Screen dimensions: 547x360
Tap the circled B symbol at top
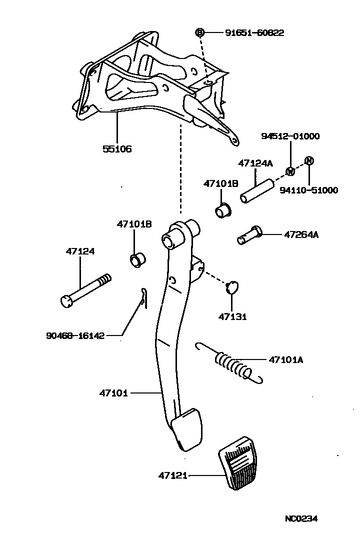click(x=199, y=32)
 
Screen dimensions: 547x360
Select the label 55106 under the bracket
click(x=118, y=148)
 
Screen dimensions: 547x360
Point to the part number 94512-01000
click(x=290, y=136)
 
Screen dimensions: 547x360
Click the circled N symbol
click(x=309, y=160)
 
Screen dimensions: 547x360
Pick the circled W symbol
click(x=290, y=171)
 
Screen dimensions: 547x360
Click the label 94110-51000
click(x=308, y=190)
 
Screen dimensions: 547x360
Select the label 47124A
click(x=255, y=163)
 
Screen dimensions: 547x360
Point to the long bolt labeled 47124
click(x=85, y=290)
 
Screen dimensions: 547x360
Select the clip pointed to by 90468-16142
click(x=143, y=299)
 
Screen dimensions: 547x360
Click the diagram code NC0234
click(x=301, y=518)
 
